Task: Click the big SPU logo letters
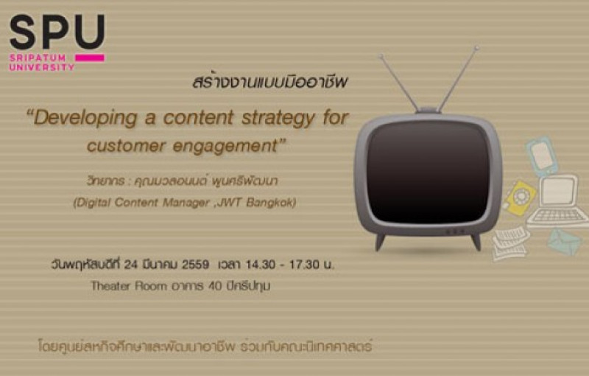[x=57, y=32]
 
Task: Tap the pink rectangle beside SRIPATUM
[x=89, y=58]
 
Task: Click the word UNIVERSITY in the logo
[x=42, y=67]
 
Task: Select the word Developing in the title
[x=85, y=119]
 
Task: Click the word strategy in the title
[x=278, y=119]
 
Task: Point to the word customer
[x=126, y=145]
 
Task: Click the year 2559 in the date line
[x=195, y=265]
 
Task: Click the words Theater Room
[x=129, y=286]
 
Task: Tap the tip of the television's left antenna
[x=381, y=56]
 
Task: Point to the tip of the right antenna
[x=476, y=48]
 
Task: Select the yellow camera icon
[x=521, y=198]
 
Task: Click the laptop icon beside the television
[x=557, y=202]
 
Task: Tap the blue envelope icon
[x=565, y=241]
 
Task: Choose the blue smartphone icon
[x=542, y=156]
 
